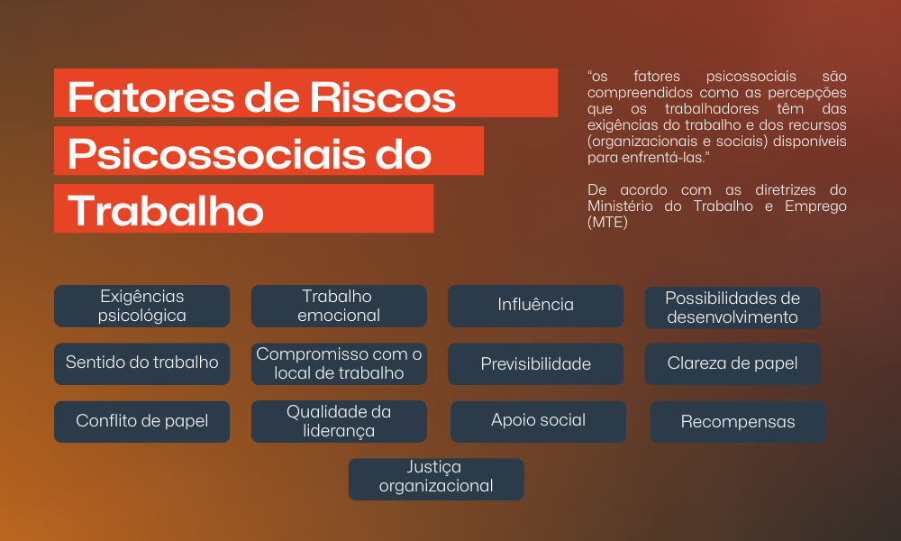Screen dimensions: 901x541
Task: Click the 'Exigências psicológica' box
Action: click(142, 306)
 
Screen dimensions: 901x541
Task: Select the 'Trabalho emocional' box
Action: click(339, 306)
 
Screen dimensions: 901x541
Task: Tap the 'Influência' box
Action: click(535, 306)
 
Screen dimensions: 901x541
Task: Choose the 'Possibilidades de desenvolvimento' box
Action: click(733, 307)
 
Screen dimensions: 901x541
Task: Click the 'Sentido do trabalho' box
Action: click(142, 364)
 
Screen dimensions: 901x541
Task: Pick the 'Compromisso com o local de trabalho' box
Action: click(339, 364)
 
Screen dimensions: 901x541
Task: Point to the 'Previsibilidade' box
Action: click(535, 364)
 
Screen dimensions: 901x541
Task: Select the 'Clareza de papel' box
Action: click(733, 364)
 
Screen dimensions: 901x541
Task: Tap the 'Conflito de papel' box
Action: click(142, 422)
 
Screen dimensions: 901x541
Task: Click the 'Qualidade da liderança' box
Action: click(339, 421)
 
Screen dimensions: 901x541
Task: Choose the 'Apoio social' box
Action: click(539, 422)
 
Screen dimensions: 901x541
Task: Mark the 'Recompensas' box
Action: click(738, 422)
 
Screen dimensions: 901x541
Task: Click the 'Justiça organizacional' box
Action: click(436, 480)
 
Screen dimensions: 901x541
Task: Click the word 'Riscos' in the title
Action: click(383, 97)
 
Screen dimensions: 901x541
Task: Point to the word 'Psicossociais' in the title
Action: click(215, 154)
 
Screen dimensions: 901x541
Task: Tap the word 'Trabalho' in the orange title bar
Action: click(166, 210)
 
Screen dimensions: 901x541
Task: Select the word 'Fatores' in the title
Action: click(150, 97)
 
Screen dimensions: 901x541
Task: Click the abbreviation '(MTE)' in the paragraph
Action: click(607, 223)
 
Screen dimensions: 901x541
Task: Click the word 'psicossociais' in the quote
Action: click(751, 77)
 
